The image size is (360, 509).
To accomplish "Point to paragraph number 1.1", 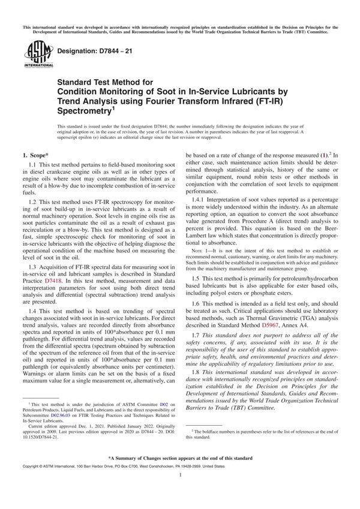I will point(34,164).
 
